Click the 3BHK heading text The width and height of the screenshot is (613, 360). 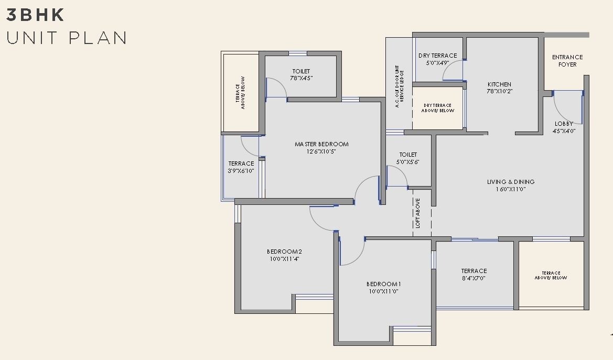[35, 15]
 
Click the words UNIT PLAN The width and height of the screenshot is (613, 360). [67, 38]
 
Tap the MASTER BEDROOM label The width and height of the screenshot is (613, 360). [321, 144]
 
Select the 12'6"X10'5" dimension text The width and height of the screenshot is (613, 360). [321, 151]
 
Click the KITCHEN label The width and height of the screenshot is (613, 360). [499, 84]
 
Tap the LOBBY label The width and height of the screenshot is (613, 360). [564, 124]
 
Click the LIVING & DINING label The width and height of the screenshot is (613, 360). [511, 182]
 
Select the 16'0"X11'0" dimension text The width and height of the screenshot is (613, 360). [511, 189]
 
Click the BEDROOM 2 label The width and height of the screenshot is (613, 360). [284, 252]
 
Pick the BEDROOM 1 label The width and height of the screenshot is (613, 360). [384, 284]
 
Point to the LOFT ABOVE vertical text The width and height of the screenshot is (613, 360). [418, 213]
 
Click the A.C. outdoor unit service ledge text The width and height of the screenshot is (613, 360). [400, 86]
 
